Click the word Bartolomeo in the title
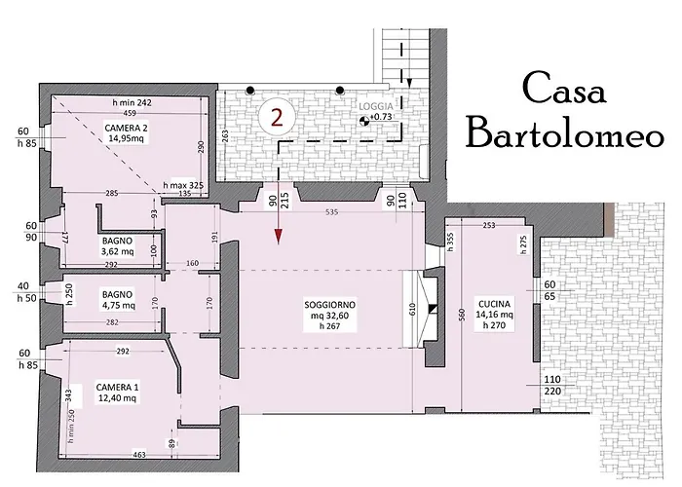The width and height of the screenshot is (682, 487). [x=565, y=133]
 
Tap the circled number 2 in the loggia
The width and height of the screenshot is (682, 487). [x=277, y=117]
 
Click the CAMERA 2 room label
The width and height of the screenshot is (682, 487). [x=124, y=133]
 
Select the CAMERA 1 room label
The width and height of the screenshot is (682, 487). [x=117, y=393]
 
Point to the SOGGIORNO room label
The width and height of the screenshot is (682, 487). [x=329, y=316]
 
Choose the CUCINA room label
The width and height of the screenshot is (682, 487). [x=494, y=315]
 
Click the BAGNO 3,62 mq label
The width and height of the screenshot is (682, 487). [x=118, y=246]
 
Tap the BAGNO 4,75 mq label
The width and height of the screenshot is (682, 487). [x=117, y=300]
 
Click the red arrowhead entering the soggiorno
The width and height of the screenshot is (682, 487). [x=279, y=237]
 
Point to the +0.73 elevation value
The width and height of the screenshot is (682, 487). [x=381, y=117]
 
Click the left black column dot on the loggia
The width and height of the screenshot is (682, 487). [x=250, y=91]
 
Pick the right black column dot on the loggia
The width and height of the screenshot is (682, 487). [x=340, y=91]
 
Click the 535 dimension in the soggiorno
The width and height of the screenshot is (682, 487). [x=331, y=212]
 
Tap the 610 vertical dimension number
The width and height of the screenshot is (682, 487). [x=413, y=309]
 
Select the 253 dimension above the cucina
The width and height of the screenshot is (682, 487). [x=489, y=225]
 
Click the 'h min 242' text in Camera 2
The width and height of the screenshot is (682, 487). [x=132, y=103]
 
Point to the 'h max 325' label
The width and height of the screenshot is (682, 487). [x=183, y=185]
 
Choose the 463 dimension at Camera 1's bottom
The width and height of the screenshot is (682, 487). [x=139, y=455]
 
